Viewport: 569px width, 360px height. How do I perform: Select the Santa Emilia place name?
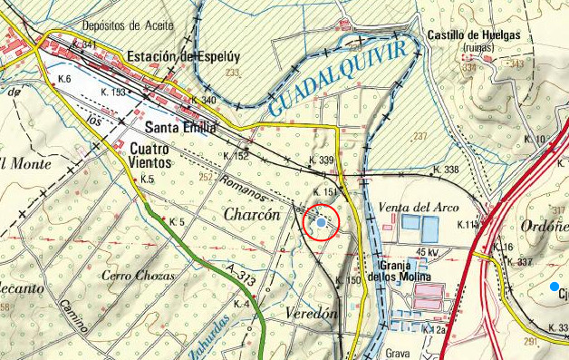180,128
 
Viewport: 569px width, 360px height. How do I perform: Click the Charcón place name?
252,216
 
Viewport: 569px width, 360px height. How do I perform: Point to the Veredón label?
311,312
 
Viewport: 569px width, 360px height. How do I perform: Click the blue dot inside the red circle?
321,221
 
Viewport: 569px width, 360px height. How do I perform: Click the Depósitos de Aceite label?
127,26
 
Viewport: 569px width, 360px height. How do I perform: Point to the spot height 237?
419,136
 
